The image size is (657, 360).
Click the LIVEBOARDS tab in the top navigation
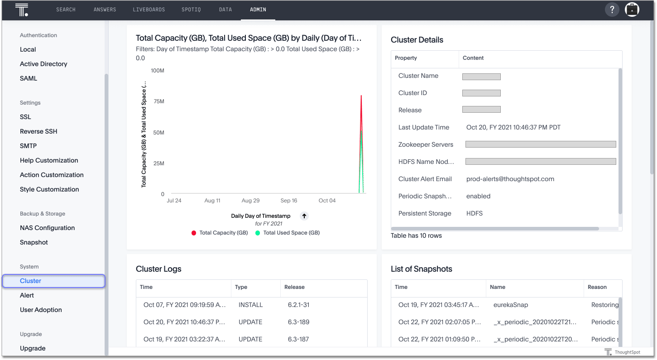pyautogui.click(x=149, y=10)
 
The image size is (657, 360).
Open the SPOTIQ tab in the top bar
pyautogui.click(x=192, y=10)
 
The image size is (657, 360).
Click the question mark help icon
pyautogui.click(x=612, y=10)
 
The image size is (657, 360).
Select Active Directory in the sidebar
pyautogui.click(x=43, y=64)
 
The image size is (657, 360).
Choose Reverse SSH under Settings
pyautogui.click(x=38, y=131)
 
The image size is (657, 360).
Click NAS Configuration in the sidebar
pyautogui.click(x=47, y=228)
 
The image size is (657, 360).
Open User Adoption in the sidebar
pyautogui.click(x=41, y=310)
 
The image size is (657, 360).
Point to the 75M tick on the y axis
pyautogui.click(x=159, y=101)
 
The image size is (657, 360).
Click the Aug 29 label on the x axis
pyautogui.click(x=250, y=201)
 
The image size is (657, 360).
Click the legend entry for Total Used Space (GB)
pyautogui.click(x=291, y=233)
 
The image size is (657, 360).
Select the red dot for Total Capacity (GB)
pyautogui.click(x=194, y=233)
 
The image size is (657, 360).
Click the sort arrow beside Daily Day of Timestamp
pyautogui.click(x=304, y=216)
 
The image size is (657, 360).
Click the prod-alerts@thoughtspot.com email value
pyautogui.click(x=510, y=179)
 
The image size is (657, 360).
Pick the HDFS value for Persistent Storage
pyautogui.click(x=474, y=213)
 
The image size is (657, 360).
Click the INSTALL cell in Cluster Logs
pyautogui.click(x=250, y=305)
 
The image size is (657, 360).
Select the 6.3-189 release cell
pyautogui.click(x=298, y=322)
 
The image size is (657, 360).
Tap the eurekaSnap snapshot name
pyautogui.click(x=511, y=305)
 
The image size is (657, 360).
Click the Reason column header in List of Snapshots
pyautogui.click(x=597, y=287)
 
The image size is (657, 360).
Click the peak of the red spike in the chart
pyautogui.click(x=361, y=96)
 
